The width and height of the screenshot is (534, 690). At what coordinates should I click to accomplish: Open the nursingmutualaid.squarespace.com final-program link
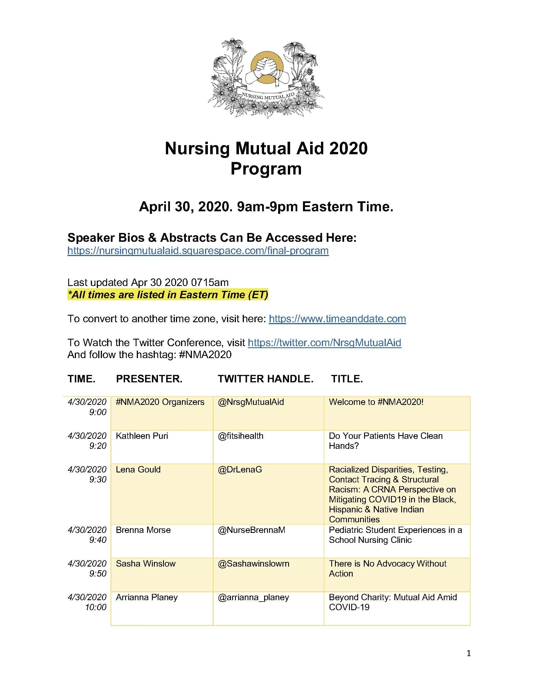pos(198,251)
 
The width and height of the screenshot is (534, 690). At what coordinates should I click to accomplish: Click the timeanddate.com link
pos(337,318)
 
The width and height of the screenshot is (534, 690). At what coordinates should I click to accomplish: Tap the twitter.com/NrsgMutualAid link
pos(324,342)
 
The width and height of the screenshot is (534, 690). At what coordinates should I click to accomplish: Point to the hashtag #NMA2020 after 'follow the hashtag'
pos(205,354)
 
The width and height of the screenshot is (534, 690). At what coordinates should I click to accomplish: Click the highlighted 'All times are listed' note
pos(168,295)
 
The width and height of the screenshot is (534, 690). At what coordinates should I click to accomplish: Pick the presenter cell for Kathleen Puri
pos(142,436)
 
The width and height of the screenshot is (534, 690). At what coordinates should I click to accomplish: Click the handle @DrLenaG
pos(240,470)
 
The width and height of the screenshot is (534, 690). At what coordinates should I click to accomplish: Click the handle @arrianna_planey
pos(253,597)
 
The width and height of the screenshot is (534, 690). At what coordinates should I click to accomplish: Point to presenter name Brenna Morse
pos(143,530)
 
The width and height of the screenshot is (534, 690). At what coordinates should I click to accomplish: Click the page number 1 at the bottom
pos(469,653)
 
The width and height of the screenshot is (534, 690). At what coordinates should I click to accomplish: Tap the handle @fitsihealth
pos(240,436)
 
